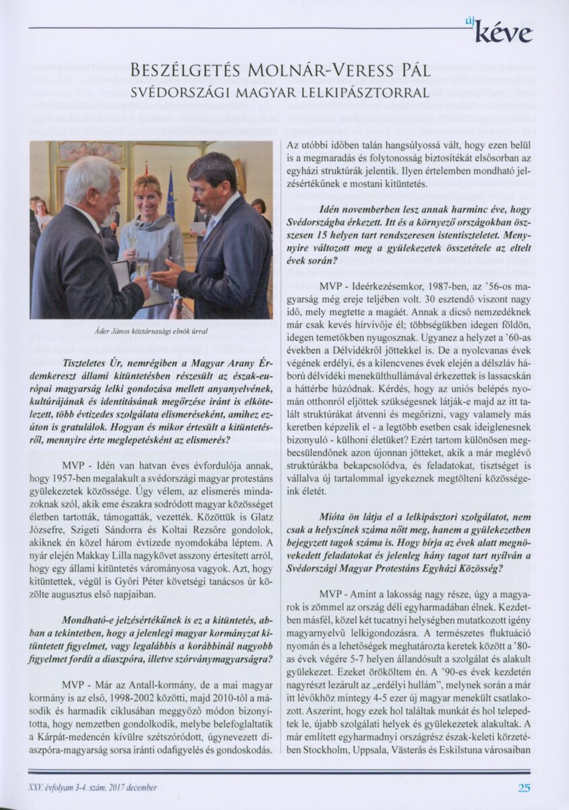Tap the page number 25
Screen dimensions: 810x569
(x=524, y=787)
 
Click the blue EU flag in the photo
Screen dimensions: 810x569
(x=170, y=196)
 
